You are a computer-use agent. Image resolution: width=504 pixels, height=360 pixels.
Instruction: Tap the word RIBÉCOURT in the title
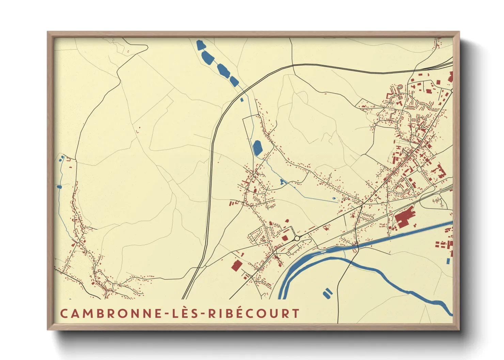pos(254,313)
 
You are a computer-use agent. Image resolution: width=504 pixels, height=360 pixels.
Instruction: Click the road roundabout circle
pos(297,239)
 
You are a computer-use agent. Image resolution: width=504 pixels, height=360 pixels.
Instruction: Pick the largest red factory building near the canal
pos(404,217)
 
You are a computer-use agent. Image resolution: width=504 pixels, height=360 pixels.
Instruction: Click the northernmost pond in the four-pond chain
pos(201,45)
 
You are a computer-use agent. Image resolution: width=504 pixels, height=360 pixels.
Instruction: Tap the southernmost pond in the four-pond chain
pos(234,81)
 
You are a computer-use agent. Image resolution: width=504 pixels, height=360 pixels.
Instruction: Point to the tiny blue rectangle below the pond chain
pos(242,100)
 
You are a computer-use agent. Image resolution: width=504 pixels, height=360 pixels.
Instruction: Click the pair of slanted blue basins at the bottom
pos(327,293)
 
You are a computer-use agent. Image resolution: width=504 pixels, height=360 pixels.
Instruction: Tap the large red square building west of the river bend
pos(237,265)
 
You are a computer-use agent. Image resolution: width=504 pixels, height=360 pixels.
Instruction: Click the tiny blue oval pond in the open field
pos(333,198)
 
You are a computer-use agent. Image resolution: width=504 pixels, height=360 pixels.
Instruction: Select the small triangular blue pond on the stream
pos(282,182)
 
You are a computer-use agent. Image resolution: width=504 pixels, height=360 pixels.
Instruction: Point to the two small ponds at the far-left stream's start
pos(62,158)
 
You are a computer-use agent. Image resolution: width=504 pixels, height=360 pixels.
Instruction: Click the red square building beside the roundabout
pos(285,238)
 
